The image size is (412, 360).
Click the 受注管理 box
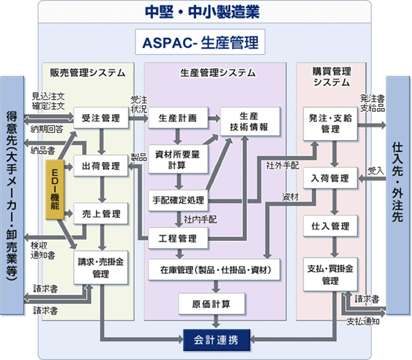tap(101, 117)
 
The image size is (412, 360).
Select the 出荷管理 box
tap(101, 165)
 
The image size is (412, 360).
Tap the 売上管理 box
tap(101, 214)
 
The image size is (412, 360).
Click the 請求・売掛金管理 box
tap(101, 267)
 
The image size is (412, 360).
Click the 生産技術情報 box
tap(248, 122)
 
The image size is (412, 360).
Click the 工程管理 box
tap(177, 238)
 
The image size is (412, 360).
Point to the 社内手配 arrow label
tap(197, 219)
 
